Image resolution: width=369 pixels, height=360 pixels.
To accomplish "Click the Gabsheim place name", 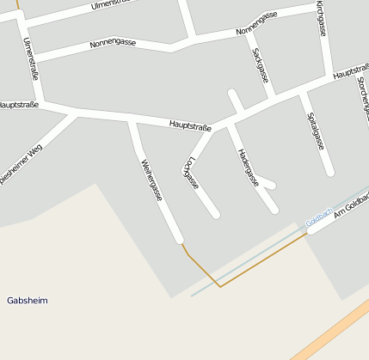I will click(x=28, y=301).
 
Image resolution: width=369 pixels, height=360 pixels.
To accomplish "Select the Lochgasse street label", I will click(x=191, y=173).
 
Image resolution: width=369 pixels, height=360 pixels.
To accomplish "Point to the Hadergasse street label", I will click(x=248, y=166).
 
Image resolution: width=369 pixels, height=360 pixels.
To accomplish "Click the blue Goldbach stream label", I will click(x=319, y=219).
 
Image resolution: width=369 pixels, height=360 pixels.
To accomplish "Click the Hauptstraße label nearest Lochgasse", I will click(x=190, y=126).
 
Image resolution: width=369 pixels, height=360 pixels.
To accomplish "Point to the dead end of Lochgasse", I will click(x=215, y=213).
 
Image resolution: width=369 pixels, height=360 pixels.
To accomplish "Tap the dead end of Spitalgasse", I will click(x=329, y=172).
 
